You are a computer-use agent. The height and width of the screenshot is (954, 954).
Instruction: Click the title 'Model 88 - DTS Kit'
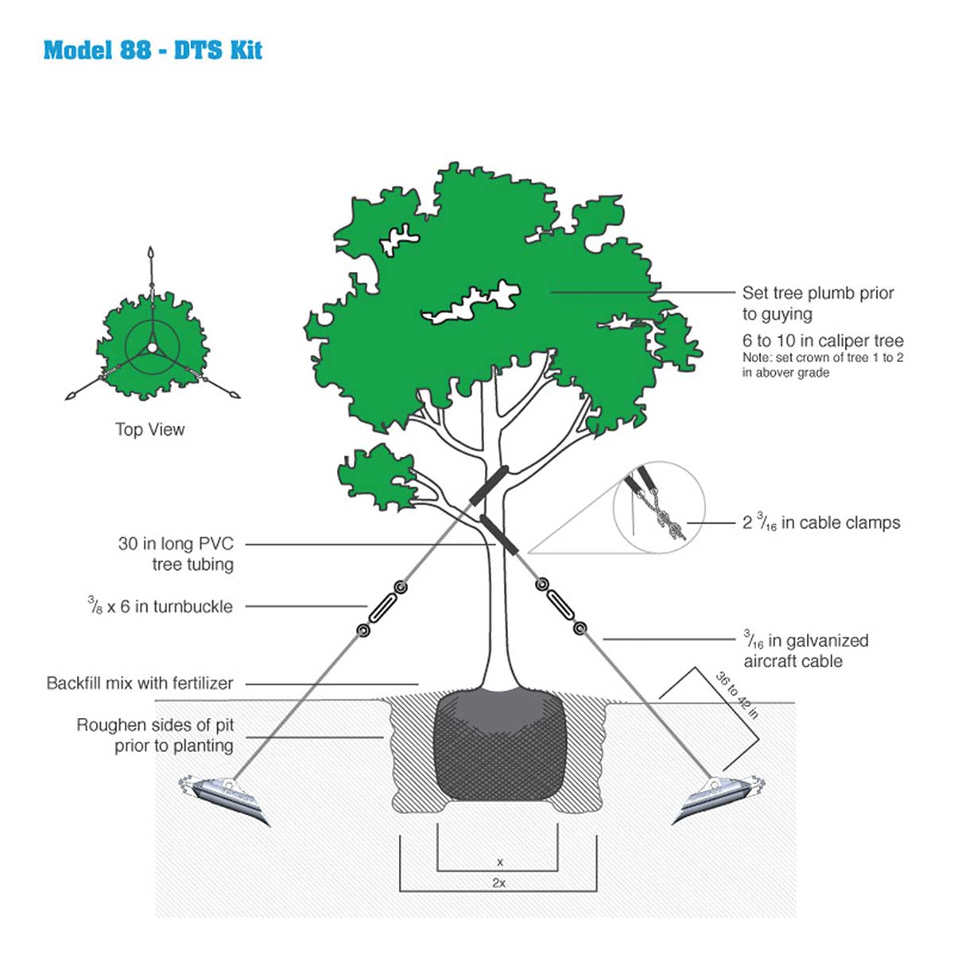click(153, 50)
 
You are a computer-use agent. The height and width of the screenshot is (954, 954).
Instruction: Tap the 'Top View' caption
click(149, 429)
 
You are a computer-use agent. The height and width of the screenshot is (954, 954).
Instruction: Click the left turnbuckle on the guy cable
click(382, 609)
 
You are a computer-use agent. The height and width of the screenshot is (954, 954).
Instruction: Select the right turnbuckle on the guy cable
click(560, 606)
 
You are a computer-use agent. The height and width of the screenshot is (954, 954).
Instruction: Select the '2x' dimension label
click(498, 882)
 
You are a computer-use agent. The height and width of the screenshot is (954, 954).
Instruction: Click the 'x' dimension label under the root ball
click(499, 862)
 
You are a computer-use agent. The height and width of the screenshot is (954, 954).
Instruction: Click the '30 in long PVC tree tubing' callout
click(176, 554)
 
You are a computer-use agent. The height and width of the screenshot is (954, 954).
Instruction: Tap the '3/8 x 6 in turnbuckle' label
click(161, 607)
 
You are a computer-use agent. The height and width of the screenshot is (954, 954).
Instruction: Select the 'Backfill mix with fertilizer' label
click(140, 683)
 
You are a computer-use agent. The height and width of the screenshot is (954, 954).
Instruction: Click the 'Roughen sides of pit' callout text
click(155, 735)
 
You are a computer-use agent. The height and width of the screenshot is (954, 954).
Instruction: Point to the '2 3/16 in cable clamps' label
click(821, 522)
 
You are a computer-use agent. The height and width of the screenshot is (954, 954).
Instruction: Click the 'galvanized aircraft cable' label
click(805, 650)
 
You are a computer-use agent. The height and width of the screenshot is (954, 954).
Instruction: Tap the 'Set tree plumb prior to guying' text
click(818, 303)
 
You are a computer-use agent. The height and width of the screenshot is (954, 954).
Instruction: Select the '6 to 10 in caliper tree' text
click(823, 340)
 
